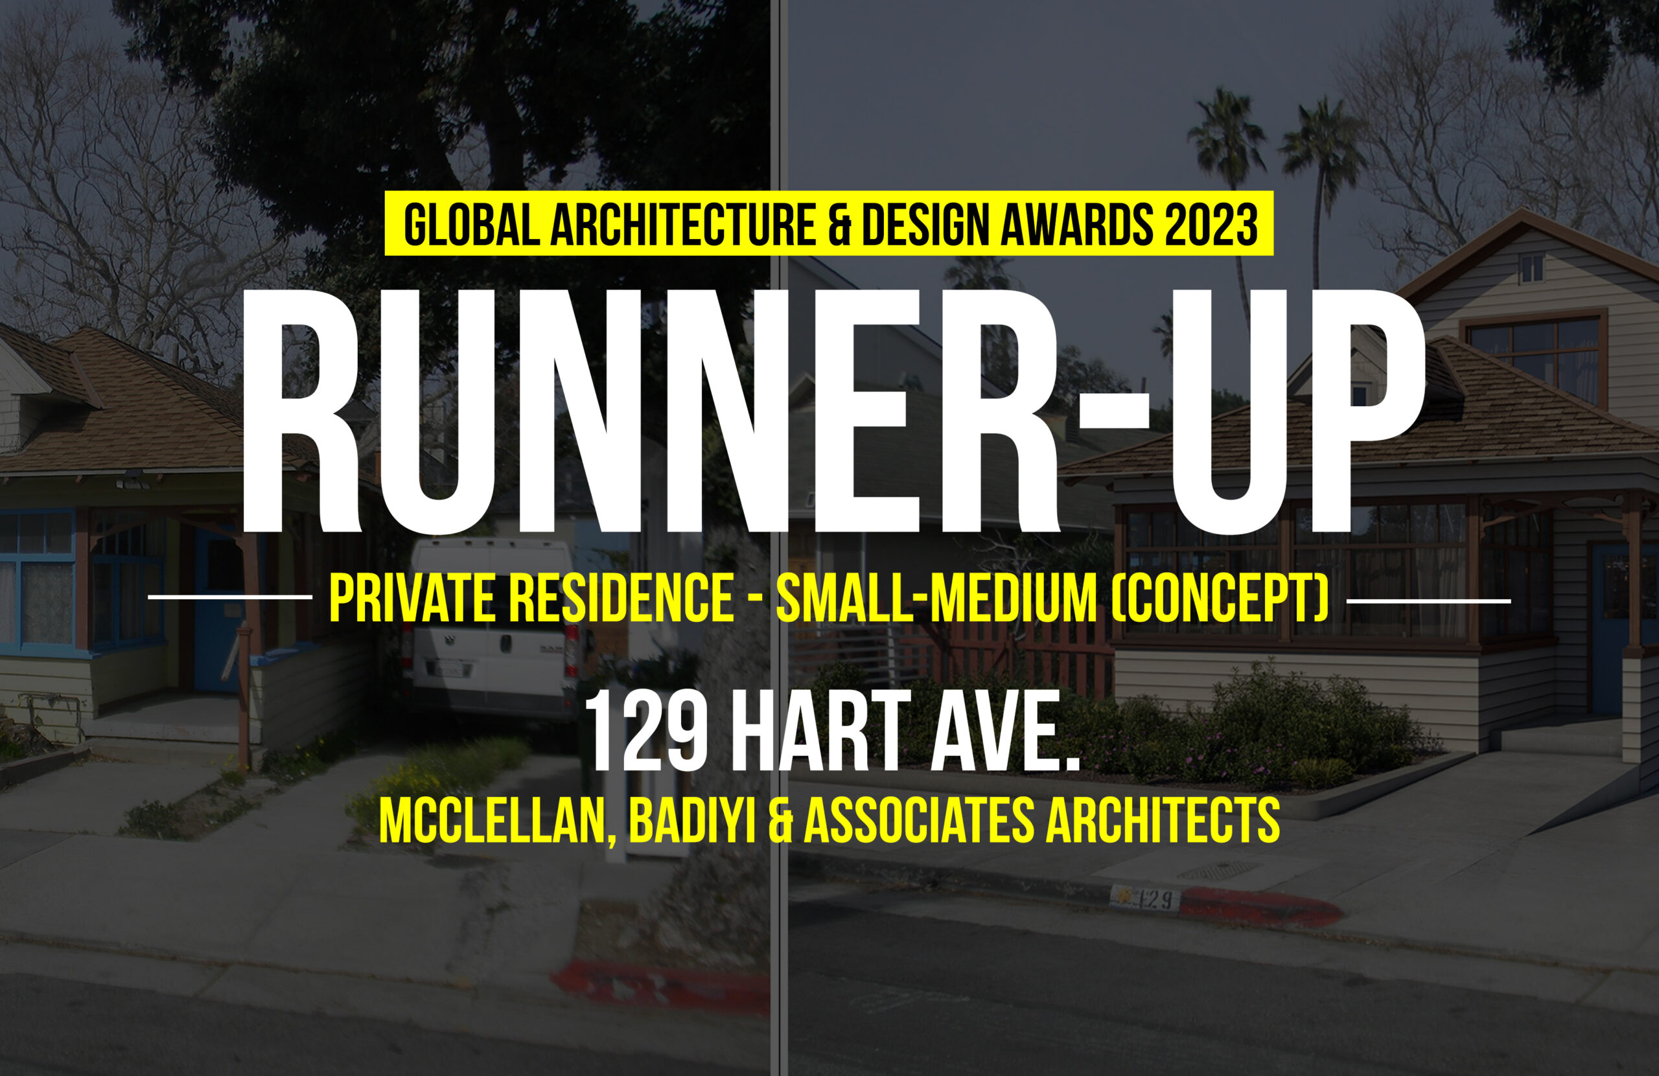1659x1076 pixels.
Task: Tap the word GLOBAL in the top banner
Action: [472, 224]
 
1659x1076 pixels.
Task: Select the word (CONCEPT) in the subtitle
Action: [1219, 599]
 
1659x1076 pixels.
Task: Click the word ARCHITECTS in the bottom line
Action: [1162, 820]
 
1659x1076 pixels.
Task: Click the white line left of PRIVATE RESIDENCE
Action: [230, 597]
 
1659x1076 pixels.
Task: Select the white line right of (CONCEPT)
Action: [1428, 600]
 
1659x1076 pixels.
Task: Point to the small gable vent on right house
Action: [1531, 269]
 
